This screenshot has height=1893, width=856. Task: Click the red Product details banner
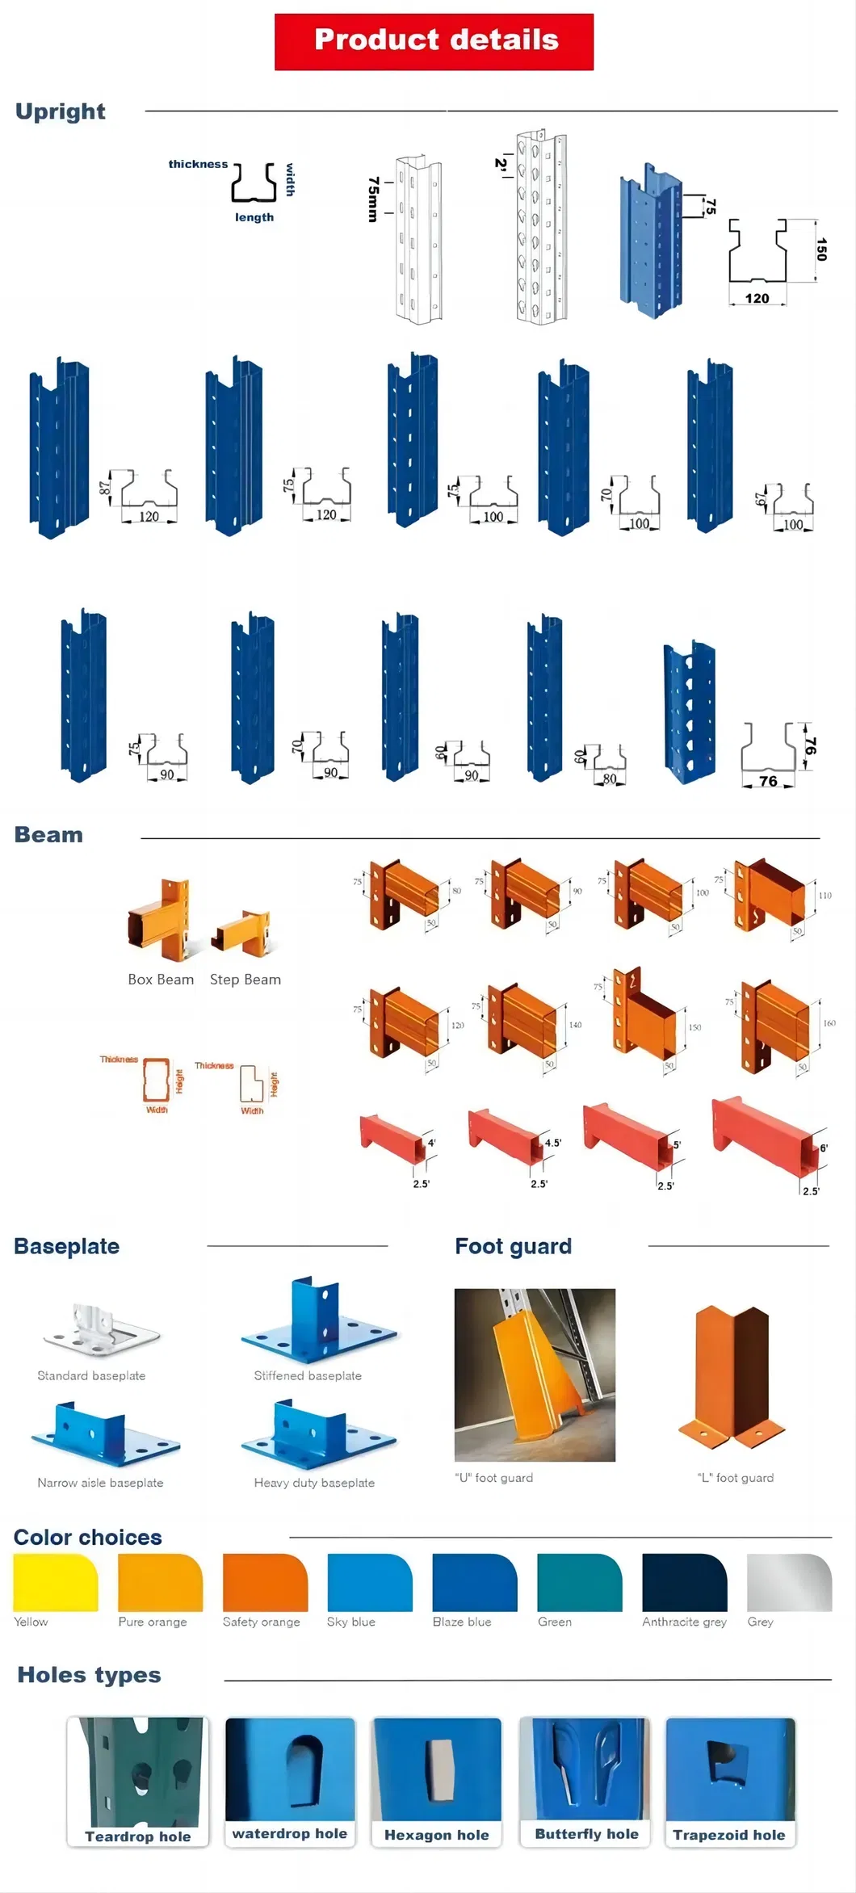pyautogui.click(x=434, y=41)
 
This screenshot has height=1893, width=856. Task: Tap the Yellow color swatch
pyautogui.click(x=55, y=1581)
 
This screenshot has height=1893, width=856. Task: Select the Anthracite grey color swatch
pyautogui.click(x=684, y=1581)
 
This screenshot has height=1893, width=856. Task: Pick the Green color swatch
pyautogui.click(x=579, y=1581)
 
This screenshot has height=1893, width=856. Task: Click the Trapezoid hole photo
pyautogui.click(x=730, y=1769)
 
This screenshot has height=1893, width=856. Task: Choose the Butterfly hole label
pyautogui.click(x=586, y=1834)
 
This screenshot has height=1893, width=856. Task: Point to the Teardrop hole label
pyautogui.click(x=138, y=1836)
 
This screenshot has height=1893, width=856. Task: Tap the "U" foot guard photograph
pyautogui.click(x=535, y=1374)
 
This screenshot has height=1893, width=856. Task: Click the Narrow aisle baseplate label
pyautogui.click(x=100, y=1483)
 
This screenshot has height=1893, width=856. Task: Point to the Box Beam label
pyautogui.click(x=161, y=980)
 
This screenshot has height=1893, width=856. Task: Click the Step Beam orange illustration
pyautogui.click(x=242, y=931)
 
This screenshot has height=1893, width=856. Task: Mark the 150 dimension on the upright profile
pyautogui.click(x=821, y=249)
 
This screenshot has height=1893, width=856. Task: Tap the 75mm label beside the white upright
pyautogui.click(x=372, y=199)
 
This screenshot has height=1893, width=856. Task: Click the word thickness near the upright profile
pyautogui.click(x=198, y=164)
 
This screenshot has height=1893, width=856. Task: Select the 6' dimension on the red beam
pyautogui.click(x=824, y=1148)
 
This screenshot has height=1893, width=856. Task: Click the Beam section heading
pyautogui.click(x=48, y=834)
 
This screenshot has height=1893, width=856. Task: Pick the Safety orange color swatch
pyautogui.click(x=265, y=1581)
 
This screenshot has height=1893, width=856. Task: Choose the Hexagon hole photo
pyautogui.click(x=436, y=1769)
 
